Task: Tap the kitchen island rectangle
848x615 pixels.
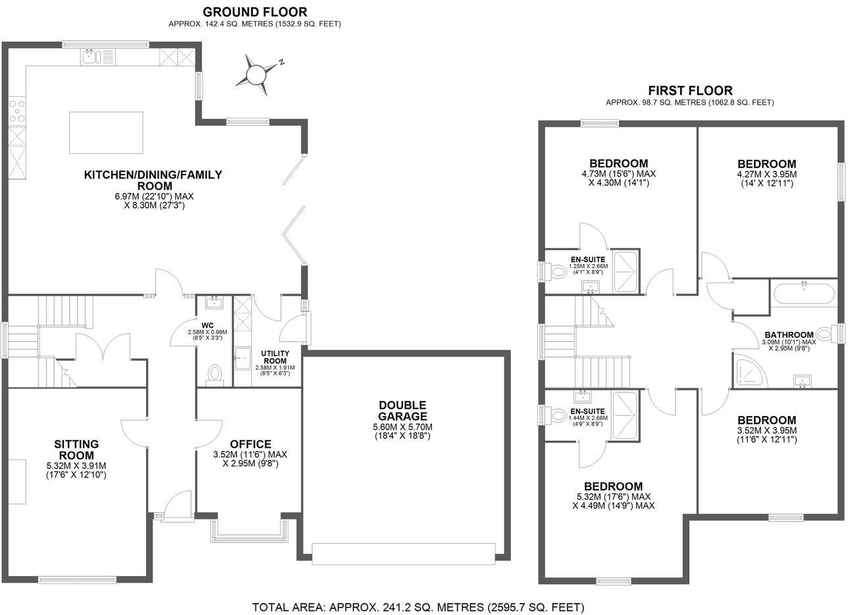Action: pyautogui.click(x=106, y=132)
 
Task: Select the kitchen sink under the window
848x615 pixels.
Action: pyautogui.click(x=92, y=58)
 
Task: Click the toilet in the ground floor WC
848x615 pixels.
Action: pyautogui.click(x=215, y=374)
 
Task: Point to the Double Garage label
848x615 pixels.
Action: pyautogui.click(x=402, y=410)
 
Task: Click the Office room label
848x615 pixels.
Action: pyautogui.click(x=250, y=444)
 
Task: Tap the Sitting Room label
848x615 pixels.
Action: pyautogui.click(x=76, y=450)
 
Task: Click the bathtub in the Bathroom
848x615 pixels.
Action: pyautogui.click(x=803, y=294)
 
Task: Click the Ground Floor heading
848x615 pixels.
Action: pyautogui.click(x=254, y=12)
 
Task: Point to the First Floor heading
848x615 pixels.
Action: pyautogui.click(x=690, y=91)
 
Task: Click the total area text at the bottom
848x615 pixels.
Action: pyautogui.click(x=418, y=607)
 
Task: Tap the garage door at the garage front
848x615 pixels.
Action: pyautogui.click(x=403, y=554)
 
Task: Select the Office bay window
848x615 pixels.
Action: pyautogui.click(x=250, y=532)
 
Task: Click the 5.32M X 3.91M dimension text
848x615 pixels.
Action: pyautogui.click(x=76, y=465)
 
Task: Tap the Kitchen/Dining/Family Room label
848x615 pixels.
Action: pyautogui.click(x=153, y=180)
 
